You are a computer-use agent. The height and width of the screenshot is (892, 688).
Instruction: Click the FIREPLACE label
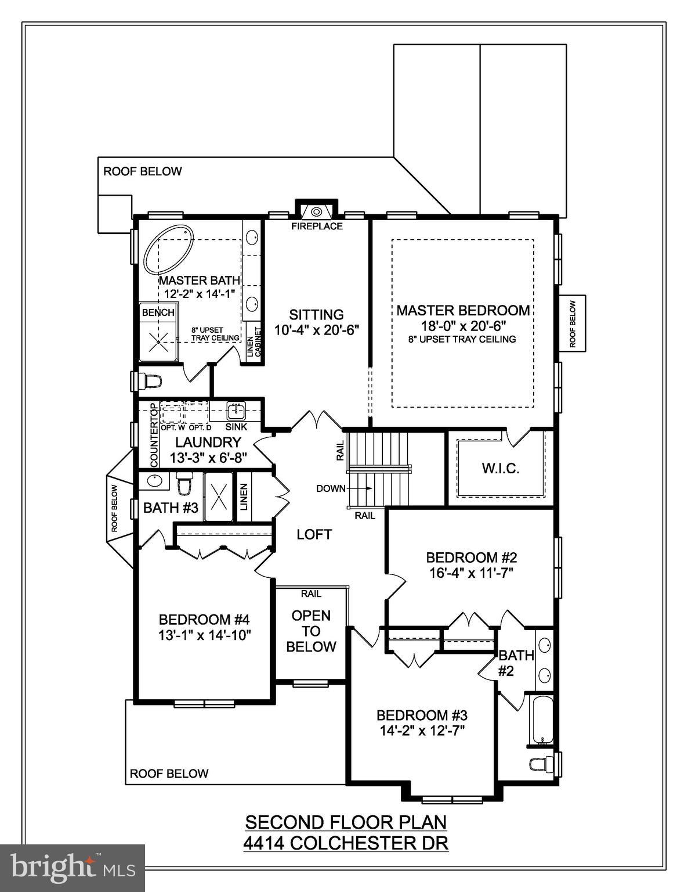click(317, 226)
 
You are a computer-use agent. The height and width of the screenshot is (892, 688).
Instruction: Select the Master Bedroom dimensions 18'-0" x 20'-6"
click(462, 326)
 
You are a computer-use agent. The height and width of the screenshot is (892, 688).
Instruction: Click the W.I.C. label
click(500, 468)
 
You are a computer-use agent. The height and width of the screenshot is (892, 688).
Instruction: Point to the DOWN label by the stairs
click(331, 488)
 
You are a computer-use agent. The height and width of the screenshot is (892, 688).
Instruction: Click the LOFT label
click(314, 534)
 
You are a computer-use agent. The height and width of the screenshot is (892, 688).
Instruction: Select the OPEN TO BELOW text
click(311, 631)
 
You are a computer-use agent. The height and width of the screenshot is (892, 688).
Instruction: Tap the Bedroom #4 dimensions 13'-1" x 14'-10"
click(204, 635)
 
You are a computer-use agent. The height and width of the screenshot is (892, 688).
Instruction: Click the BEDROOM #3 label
click(422, 715)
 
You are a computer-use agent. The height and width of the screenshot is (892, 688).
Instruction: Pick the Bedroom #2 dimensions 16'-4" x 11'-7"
click(471, 573)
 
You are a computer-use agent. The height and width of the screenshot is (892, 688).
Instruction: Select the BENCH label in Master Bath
click(158, 312)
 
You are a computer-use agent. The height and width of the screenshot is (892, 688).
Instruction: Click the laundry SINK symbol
click(236, 411)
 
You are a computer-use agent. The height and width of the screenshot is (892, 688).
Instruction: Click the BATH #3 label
click(171, 508)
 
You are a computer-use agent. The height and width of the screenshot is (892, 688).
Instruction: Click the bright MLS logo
click(73, 868)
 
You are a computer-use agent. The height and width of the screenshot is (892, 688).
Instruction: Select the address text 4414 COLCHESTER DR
click(346, 842)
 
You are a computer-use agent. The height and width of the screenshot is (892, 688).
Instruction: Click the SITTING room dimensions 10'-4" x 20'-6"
click(317, 330)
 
